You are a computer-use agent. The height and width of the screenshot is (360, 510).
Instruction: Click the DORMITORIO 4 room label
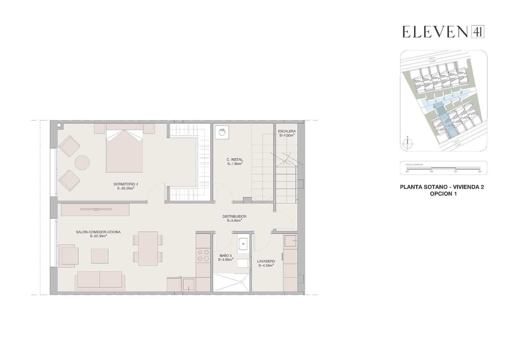click(126, 184)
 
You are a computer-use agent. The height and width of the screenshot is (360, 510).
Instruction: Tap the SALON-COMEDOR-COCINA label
click(98, 232)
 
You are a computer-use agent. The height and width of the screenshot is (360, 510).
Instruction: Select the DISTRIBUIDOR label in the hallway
click(234, 217)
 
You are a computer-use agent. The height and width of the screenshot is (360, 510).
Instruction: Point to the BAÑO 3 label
click(226, 256)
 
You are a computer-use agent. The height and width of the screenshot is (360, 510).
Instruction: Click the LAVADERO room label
click(266, 261)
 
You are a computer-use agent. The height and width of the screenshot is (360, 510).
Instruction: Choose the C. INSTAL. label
click(235, 160)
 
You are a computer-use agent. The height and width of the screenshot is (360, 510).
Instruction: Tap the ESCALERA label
click(287, 131)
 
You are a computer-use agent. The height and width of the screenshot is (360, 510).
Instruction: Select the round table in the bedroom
click(82, 162)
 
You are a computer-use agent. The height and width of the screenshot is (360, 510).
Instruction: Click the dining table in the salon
click(148, 248)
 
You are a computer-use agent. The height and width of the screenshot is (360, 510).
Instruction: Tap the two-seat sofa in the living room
click(100, 280)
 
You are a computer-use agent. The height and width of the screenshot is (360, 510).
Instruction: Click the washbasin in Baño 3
click(243, 244)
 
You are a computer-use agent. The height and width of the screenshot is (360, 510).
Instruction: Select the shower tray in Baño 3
click(231, 282)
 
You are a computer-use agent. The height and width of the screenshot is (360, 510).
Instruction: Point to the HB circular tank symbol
click(222, 132)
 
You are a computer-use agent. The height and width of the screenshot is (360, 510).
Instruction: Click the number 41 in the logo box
click(477, 32)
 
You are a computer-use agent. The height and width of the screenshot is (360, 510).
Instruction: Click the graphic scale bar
click(443, 168)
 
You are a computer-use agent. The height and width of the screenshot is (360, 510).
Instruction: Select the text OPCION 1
click(443, 194)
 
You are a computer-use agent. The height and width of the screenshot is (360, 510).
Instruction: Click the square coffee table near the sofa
click(100, 256)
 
